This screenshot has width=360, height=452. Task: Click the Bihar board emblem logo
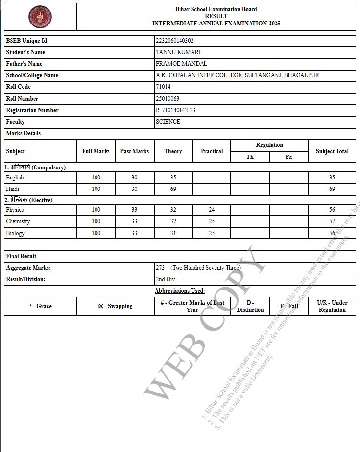(x=40, y=17)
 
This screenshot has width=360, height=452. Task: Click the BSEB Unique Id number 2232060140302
(x=175, y=41)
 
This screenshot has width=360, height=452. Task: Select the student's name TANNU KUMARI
(x=178, y=52)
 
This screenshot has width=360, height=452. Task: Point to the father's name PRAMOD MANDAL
(x=181, y=64)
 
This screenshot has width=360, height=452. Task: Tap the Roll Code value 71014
(x=163, y=87)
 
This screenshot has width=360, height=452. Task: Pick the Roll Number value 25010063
(x=168, y=99)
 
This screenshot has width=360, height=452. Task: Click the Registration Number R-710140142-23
(x=176, y=110)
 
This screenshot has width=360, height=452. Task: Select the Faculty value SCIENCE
(x=168, y=122)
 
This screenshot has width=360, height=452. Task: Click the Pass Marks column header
(x=134, y=151)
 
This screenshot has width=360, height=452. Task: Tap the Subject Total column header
(x=332, y=151)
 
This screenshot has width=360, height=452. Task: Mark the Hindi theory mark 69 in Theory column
(x=173, y=189)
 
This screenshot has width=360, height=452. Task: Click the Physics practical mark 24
(x=212, y=210)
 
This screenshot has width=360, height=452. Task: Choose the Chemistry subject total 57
(x=332, y=221)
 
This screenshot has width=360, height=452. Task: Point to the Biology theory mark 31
(x=173, y=233)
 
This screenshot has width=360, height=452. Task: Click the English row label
(x=15, y=178)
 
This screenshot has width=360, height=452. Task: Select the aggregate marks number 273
(x=160, y=268)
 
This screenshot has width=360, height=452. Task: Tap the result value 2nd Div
(x=166, y=279)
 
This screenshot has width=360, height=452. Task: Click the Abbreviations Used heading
(x=180, y=291)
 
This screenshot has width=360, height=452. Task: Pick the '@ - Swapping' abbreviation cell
(x=115, y=306)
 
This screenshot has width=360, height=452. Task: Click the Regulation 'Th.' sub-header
(x=250, y=157)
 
